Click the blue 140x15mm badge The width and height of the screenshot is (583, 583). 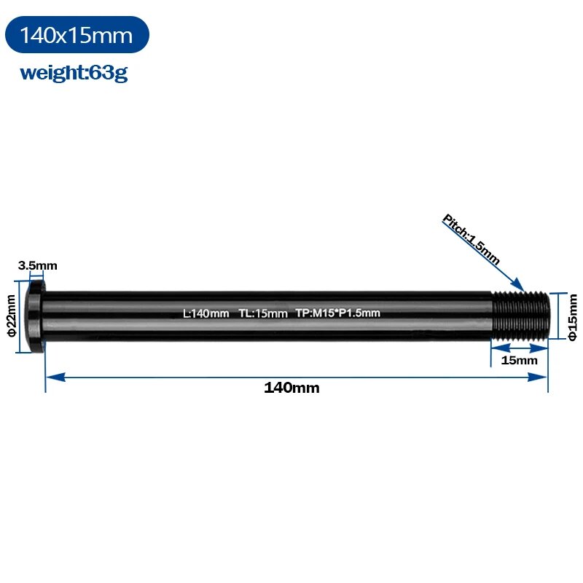[77, 34]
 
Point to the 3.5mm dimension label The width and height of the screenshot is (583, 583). [38, 265]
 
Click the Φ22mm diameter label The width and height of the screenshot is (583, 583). [11, 316]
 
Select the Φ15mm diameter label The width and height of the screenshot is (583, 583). [572, 317]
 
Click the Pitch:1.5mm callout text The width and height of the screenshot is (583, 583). [471, 240]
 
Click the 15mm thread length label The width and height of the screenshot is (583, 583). [519, 360]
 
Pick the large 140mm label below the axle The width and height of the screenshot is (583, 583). [291, 388]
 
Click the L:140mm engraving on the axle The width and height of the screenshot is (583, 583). [206, 313]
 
